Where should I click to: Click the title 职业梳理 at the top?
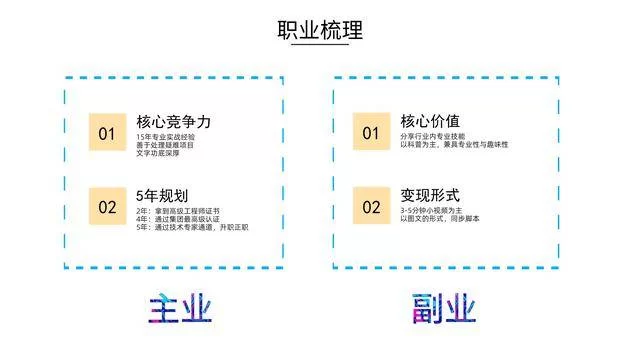click(320, 30)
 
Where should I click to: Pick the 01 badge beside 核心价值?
click(371, 134)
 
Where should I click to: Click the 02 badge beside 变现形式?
click(371, 207)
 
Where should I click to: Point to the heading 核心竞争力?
click(173, 121)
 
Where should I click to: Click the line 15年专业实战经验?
click(166, 137)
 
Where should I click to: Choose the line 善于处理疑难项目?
click(166, 146)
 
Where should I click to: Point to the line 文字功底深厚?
click(160, 155)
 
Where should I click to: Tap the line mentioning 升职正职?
click(191, 229)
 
